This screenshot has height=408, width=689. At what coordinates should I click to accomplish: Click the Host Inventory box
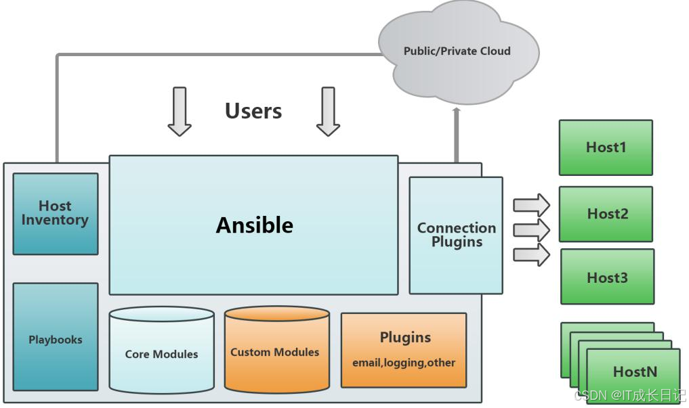(x=55, y=213)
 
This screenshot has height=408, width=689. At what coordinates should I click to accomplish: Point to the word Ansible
(x=254, y=225)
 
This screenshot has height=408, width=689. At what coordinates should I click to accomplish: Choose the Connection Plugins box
(x=456, y=235)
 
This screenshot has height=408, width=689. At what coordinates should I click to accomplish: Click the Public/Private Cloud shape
(x=457, y=51)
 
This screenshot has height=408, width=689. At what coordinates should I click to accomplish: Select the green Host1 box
(x=606, y=148)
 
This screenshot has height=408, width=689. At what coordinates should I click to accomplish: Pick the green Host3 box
(x=607, y=277)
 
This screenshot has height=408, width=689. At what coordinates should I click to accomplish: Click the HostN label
(x=634, y=371)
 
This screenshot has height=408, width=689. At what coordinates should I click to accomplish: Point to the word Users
(x=253, y=111)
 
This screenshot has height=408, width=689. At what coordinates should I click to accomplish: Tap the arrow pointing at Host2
(x=532, y=229)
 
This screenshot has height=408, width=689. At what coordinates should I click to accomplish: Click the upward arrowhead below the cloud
(x=456, y=112)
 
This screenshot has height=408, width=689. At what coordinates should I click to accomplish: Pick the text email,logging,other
(x=404, y=363)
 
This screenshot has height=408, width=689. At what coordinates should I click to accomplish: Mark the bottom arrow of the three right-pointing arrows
(x=532, y=254)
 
